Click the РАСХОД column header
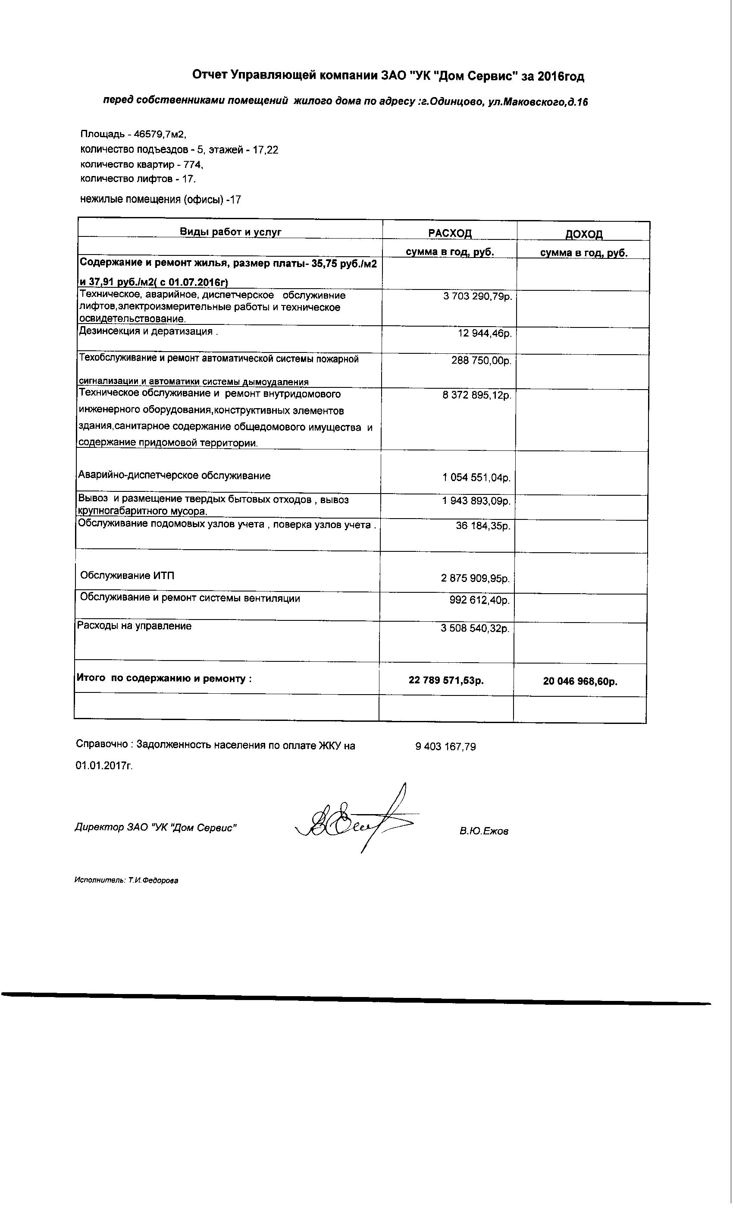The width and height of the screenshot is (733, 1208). (x=449, y=233)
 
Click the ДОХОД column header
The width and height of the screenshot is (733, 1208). (x=583, y=234)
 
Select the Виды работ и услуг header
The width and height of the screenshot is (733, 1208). (x=230, y=232)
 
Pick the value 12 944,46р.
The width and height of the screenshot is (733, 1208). (x=485, y=333)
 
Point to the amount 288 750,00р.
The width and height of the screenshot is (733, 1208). (x=481, y=361)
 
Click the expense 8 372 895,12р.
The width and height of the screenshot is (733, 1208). (x=477, y=395)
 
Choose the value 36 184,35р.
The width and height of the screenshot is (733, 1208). (x=482, y=526)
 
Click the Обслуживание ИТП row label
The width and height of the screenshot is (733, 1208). (x=127, y=576)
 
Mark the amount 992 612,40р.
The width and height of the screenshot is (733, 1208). (x=479, y=600)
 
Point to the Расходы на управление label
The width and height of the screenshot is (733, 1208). (x=134, y=626)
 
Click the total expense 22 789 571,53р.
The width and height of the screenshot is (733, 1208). (x=446, y=680)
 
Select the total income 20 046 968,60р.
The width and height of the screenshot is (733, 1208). (x=580, y=682)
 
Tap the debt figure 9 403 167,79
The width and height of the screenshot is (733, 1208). (x=445, y=747)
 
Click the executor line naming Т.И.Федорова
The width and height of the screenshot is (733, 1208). (x=126, y=881)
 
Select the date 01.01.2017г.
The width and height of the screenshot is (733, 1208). (x=104, y=766)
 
